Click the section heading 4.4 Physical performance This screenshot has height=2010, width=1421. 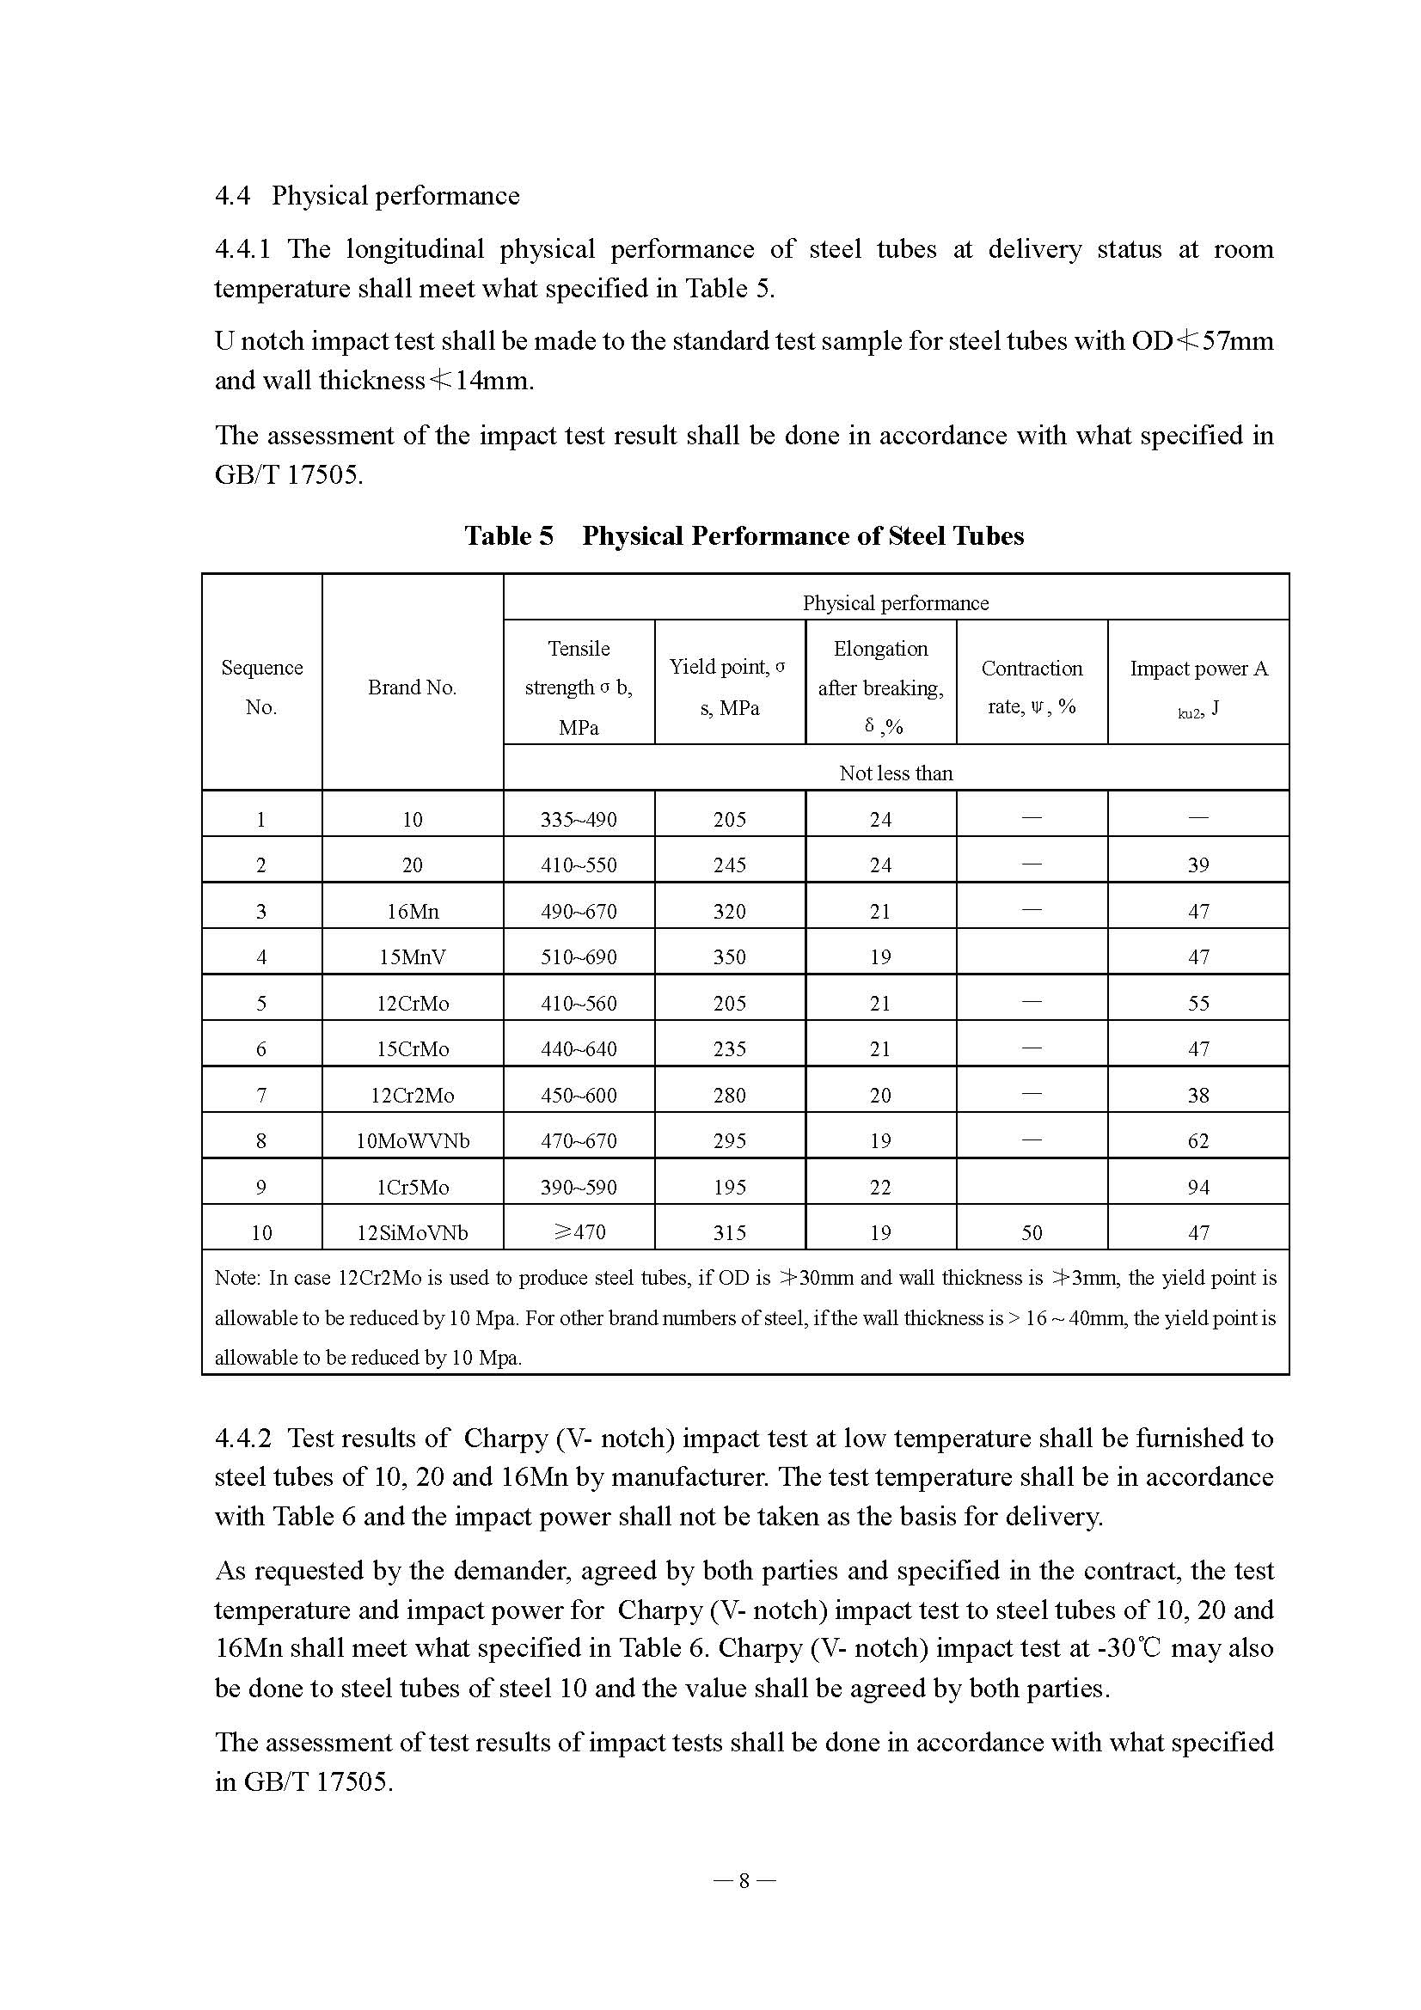(367, 195)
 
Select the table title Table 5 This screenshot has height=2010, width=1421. (744, 535)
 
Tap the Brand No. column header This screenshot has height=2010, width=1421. (412, 687)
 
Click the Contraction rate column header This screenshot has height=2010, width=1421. (1032, 687)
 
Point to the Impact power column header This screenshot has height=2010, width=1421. (1197, 687)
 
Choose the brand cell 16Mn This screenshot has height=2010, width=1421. (412, 911)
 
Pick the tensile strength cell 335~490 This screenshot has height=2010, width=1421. (578, 820)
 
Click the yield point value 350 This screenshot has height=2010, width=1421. (728, 956)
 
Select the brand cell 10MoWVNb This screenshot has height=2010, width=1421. (412, 1140)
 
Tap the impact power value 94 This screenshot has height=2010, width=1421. (1197, 1187)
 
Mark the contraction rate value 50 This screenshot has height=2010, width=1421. (1032, 1232)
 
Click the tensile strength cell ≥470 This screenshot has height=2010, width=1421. (578, 1232)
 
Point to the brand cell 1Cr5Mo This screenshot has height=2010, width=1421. (412, 1187)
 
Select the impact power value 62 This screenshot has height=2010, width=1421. (1197, 1140)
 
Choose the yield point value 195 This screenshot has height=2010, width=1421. (728, 1187)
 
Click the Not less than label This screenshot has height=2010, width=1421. (895, 773)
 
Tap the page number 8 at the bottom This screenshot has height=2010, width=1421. (744, 1880)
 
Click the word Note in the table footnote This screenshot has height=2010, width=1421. (236, 1278)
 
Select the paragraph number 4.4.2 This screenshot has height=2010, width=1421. (242, 1439)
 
